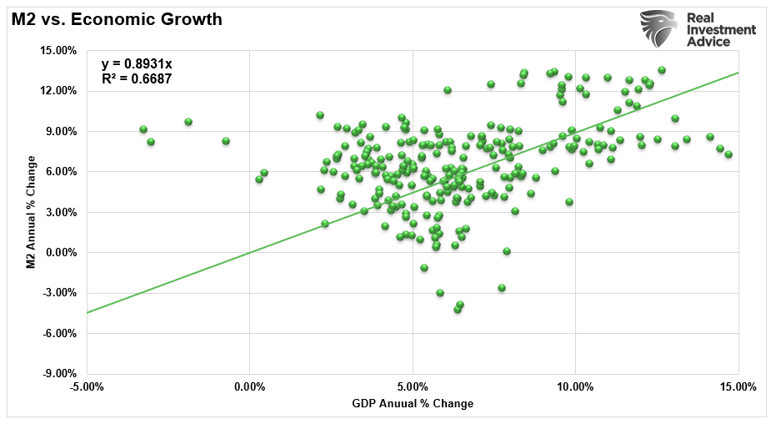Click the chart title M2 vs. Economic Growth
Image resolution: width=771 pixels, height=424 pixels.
[117, 18]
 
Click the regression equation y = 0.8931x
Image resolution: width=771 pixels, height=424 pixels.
[137, 64]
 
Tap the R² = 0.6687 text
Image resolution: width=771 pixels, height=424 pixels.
[137, 80]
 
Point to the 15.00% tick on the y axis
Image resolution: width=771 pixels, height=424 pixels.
[58, 50]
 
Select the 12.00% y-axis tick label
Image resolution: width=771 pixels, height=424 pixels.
[58, 91]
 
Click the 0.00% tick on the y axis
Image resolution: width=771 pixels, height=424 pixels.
[61, 253]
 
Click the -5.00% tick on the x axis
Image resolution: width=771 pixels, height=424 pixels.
[87, 387]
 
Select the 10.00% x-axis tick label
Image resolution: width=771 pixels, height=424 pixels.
[575, 387]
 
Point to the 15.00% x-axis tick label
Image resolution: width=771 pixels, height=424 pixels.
[738, 387]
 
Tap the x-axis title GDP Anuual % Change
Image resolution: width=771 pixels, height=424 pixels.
[412, 404]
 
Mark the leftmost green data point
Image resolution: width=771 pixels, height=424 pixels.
[143, 129]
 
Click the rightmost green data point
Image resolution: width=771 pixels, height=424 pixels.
[728, 154]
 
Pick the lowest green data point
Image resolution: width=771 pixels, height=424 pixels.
[457, 310]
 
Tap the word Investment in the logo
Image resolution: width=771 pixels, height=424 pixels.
[721, 29]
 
